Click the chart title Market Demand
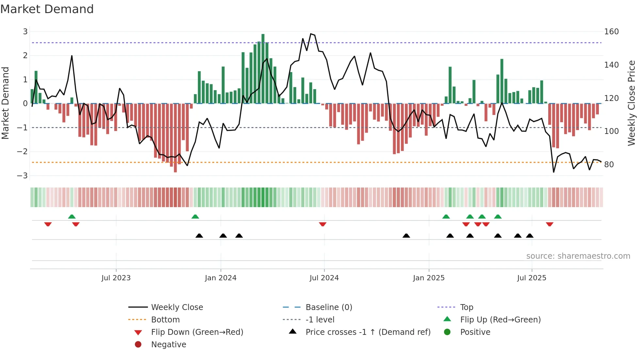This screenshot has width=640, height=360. click(x=47, y=9)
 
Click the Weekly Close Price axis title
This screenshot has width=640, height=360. click(x=632, y=103)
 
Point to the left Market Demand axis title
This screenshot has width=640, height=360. click(x=5, y=103)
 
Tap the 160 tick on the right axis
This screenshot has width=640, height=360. click(x=611, y=32)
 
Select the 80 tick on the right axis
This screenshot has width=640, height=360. click(x=609, y=165)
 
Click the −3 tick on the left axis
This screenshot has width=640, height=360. click(x=23, y=176)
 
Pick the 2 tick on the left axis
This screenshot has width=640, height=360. click(x=25, y=56)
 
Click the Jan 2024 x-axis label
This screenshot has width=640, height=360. click(x=220, y=278)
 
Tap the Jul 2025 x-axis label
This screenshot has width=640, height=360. click(x=531, y=278)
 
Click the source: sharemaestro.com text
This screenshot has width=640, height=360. click(x=578, y=256)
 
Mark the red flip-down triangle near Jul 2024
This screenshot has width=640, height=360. click(x=323, y=224)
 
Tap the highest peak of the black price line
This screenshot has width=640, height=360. click(x=311, y=34)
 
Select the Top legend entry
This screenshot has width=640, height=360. click(x=466, y=307)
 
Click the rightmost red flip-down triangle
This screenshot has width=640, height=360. click(x=549, y=224)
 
